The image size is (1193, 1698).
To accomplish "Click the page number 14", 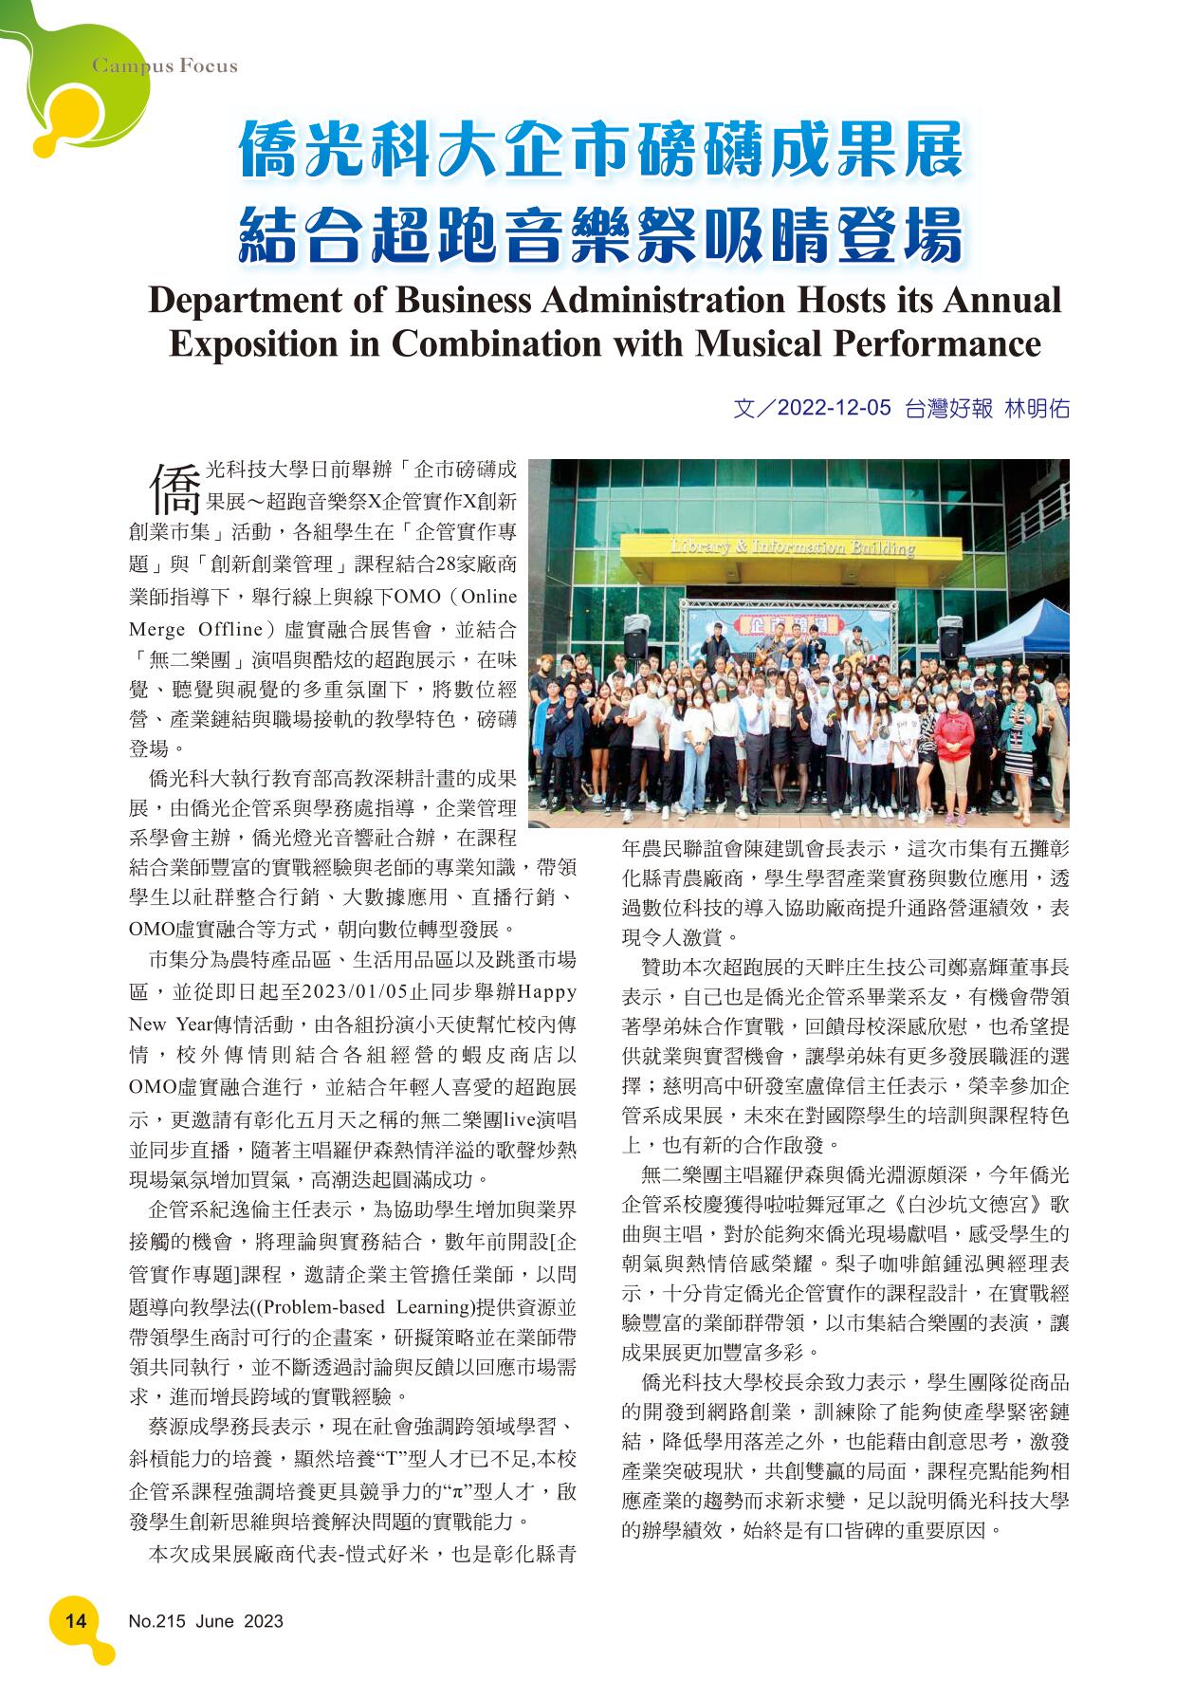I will pyautogui.click(x=75, y=1620).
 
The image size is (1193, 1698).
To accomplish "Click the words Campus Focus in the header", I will pyautogui.click(x=164, y=66).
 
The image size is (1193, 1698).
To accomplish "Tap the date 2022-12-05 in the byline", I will pyautogui.click(x=834, y=409).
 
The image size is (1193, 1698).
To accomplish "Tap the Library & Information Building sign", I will pyautogui.click(x=792, y=547).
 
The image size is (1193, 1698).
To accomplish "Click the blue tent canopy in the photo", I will pyautogui.click(x=1015, y=633).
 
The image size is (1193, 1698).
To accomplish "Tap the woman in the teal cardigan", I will pyautogui.click(x=1019, y=730).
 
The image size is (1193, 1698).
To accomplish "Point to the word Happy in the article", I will pyautogui.click(x=547, y=992).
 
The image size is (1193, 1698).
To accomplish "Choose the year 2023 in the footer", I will pyautogui.click(x=263, y=1621).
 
